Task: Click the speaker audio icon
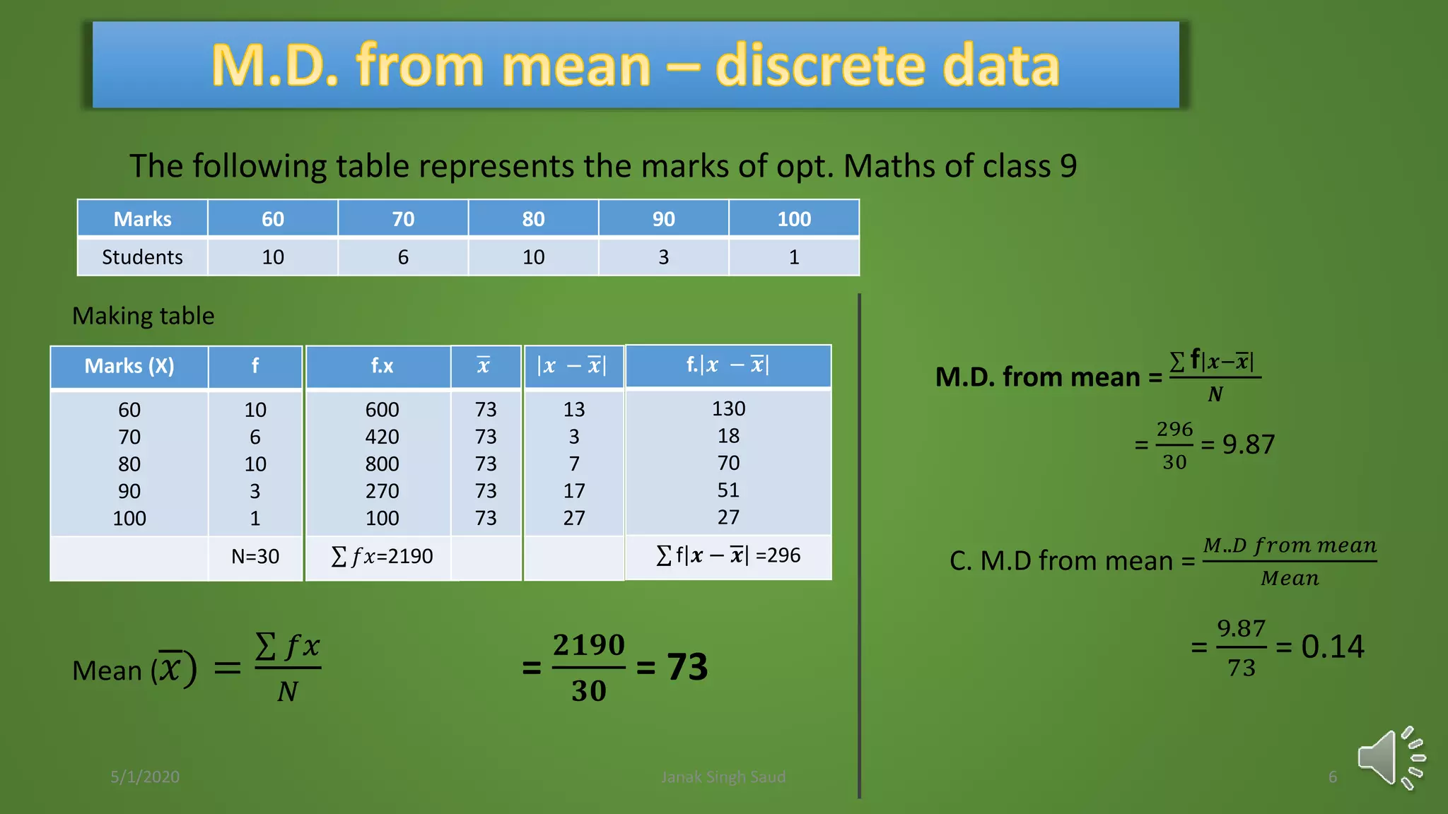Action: tap(1390, 758)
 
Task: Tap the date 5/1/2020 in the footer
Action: tap(145, 777)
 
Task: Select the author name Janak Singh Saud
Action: tap(723, 777)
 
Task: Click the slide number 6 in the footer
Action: tap(1332, 777)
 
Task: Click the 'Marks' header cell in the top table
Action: tap(142, 219)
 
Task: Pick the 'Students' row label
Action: tap(142, 257)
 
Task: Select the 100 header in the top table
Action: tap(793, 219)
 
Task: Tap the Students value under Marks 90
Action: tap(663, 257)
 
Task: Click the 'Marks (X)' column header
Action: tap(129, 366)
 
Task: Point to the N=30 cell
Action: tap(255, 557)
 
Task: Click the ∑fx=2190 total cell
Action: tap(382, 557)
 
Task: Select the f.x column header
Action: tap(382, 366)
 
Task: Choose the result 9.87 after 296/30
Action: tap(1249, 444)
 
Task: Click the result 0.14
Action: tap(1332, 647)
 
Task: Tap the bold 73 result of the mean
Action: tap(687, 667)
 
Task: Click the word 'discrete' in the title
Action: tap(819, 66)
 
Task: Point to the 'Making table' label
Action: tap(144, 316)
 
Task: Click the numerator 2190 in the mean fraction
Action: tap(588, 645)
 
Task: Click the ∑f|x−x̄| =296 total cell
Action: tap(728, 555)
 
